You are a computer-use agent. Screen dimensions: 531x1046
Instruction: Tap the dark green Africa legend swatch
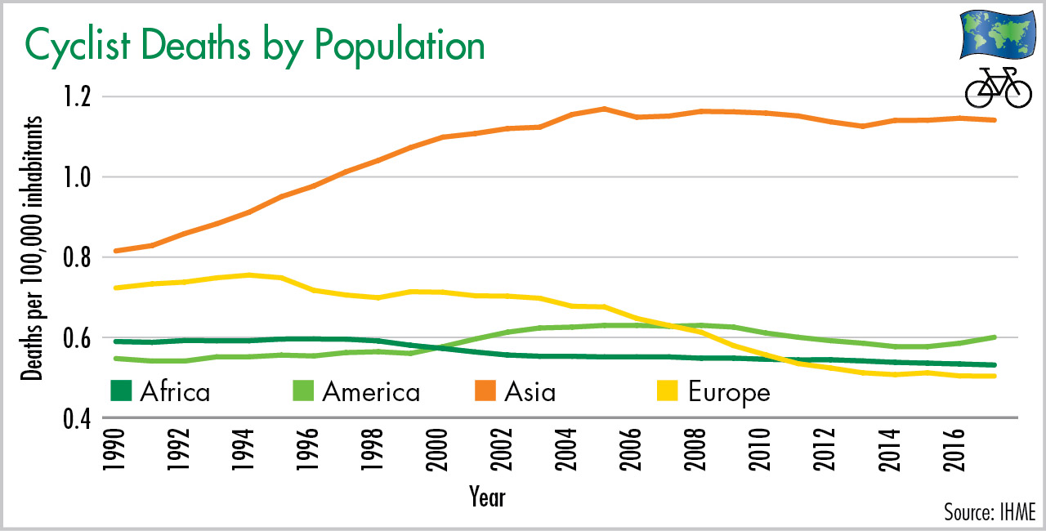(120, 391)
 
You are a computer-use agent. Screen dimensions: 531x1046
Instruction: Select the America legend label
(371, 392)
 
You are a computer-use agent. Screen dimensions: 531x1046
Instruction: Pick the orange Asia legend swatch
(485, 391)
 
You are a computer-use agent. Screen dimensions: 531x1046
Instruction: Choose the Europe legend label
(729, 392)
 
